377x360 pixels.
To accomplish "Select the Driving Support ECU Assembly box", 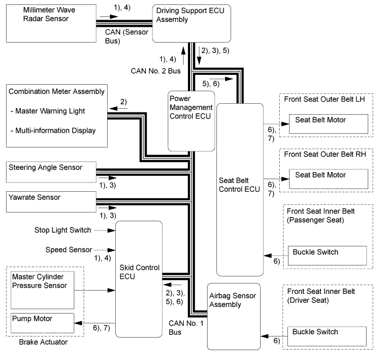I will [x=190, y=23].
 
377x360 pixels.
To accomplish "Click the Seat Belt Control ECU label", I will [x=239, y=186].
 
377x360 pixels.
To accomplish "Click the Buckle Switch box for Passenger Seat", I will [x=326, y=256].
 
